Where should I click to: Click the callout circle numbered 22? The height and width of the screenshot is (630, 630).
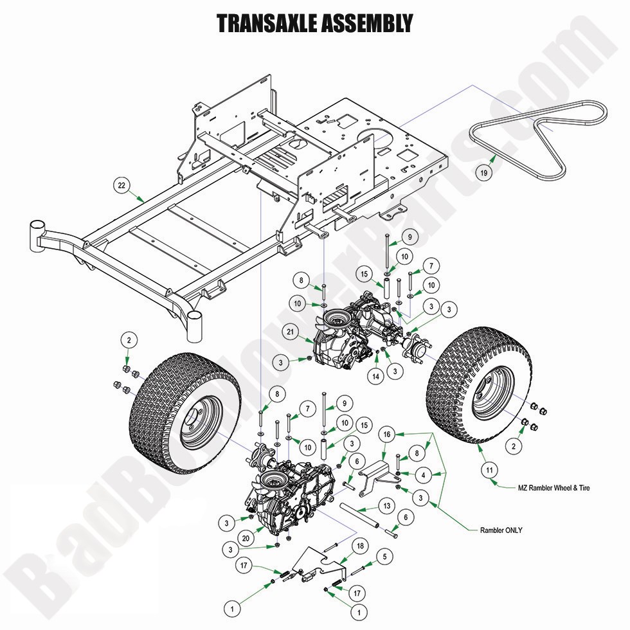tap(122, 185)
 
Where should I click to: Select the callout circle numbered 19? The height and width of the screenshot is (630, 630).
tap(484, 172)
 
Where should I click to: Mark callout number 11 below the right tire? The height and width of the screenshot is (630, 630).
tap(489, 471)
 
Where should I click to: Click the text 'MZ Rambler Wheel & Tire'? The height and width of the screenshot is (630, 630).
tap(553, 488)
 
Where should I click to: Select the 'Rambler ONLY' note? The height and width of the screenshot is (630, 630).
tap(501, 530)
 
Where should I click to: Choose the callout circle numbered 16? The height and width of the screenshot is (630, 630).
tap(387, 435)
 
